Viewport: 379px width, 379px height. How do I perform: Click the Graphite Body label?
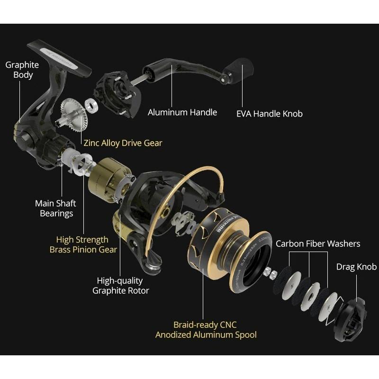(x=22, y=70)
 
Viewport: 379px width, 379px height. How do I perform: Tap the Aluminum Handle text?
(x=182, y=113)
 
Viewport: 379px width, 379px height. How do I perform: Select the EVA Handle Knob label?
(x=269, y=114)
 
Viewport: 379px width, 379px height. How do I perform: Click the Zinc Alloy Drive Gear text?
(x=123, y=143)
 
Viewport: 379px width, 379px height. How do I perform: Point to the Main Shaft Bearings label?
(x=56, y=208)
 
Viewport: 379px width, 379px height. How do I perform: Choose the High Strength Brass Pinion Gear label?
(x=83, y=244)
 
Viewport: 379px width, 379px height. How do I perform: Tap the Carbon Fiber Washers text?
(x=318, y=244)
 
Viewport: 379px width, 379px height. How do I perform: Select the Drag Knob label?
(x=356, y=267)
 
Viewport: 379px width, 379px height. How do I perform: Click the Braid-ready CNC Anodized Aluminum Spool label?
(x=206, y=330)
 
